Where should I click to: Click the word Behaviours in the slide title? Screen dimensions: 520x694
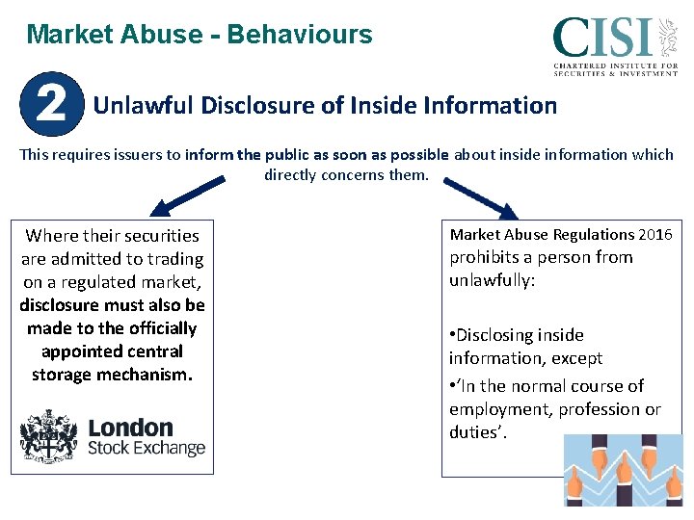click(x=301, y=35)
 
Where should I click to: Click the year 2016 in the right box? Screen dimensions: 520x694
click(x=655, y=234)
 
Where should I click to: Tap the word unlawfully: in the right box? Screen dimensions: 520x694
click(x=492, y=280)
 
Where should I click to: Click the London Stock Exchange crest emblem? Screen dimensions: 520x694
click(x=49, y=435)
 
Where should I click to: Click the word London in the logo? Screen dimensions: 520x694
click(x=130, y=427)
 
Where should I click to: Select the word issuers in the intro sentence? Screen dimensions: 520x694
click(x=149, y=154)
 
